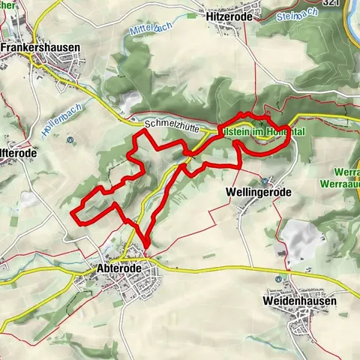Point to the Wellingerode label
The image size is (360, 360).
point(258,192)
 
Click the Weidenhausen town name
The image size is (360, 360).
point(300,301)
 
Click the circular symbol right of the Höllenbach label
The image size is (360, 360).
point(70,139)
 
